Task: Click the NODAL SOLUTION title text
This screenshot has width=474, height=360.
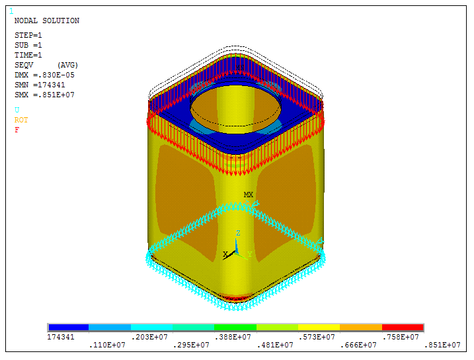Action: pos(46,21)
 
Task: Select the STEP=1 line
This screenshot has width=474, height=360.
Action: pos(28,35)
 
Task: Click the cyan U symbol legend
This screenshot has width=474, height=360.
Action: pos(17,110)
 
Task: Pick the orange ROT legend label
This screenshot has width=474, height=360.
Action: pos(21,120)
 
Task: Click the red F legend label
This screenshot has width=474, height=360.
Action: pos(17,130)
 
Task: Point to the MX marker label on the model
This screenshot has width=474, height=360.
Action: pos(249,195)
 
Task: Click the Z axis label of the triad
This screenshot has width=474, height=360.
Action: pos(238,234)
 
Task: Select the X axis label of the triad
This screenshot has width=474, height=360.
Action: pos(225,254)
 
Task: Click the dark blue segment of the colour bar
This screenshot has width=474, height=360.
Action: pos(68,328)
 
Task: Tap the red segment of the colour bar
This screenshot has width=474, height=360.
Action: pos(402,328)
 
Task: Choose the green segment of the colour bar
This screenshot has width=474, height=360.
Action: pos(235,328)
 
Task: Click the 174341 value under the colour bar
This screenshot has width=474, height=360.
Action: pos(60,337)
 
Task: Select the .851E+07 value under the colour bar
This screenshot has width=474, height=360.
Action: pos(443,345)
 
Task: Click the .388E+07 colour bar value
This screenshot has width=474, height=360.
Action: pos(235,337)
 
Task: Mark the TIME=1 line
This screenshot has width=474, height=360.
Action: pos(28,55)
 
